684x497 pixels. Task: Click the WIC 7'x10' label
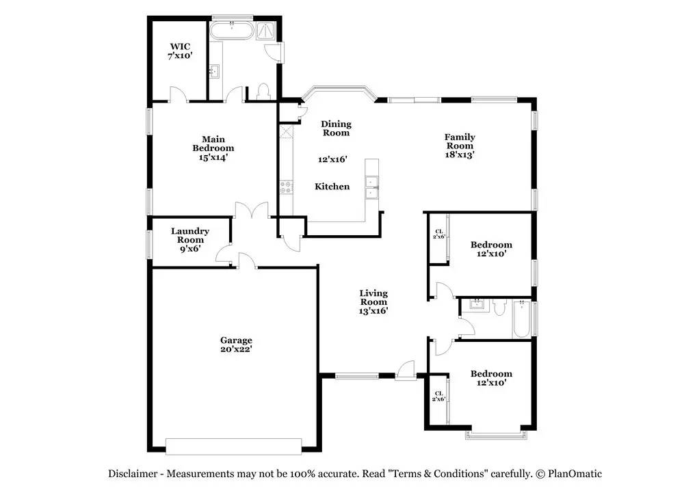point(180,51)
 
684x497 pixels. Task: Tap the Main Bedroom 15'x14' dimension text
point(213,157)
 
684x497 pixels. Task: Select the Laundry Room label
point(190,235)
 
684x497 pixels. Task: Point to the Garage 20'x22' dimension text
point(236,349)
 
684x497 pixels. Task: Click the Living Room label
point(373,297)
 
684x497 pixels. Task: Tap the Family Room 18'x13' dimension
point(460,155)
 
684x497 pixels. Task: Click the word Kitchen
point(332,187)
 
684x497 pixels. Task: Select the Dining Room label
point(336,129)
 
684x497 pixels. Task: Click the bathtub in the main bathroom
point(231,31)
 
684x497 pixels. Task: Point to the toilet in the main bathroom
point(263,92)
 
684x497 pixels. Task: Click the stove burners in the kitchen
point(286,187)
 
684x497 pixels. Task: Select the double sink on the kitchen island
point(371,187)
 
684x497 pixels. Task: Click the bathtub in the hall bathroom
point(521,319)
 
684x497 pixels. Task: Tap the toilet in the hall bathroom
point(499,307)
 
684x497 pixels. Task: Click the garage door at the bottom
point(233,446)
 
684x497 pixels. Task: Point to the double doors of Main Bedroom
point(252,210)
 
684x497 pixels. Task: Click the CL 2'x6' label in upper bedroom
point(438,234)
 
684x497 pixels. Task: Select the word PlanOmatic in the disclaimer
point(575,474)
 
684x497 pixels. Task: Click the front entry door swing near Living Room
point(405,370)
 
